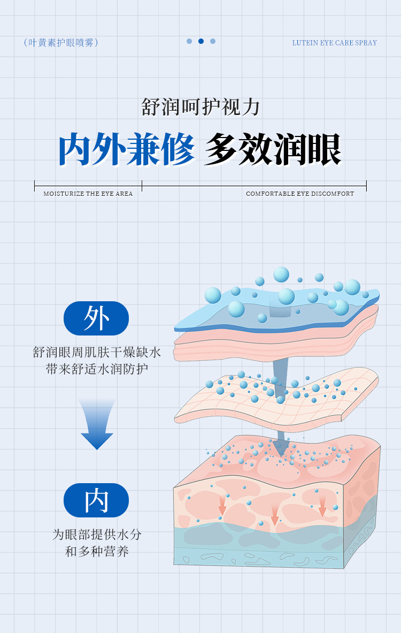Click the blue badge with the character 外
(x=96, y=318)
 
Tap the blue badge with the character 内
(x=96, y=500)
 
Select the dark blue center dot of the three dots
(x=201, y=41)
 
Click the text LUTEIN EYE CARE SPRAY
(x=334, y=43)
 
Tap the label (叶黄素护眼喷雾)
(x=61, y=43)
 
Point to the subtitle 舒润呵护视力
(x=200, y=107)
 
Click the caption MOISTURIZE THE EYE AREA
(x=88, y=194)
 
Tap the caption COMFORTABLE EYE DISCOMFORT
(x=300, y=194)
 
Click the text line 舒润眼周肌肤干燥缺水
(x=97, y=353)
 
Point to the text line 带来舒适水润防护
(x=97, y=369)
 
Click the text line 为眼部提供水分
(x=97, y=535)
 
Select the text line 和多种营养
(x=97, y=551)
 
